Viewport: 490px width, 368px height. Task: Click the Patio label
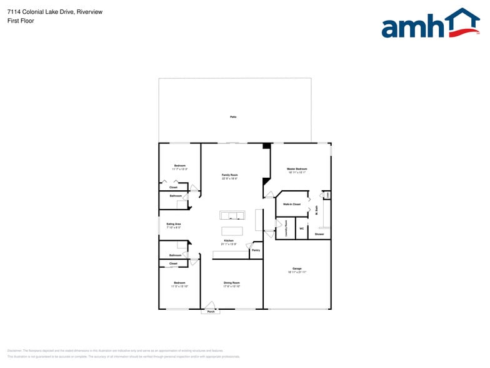[233, 117]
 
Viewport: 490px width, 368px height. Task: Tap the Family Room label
[230, 175]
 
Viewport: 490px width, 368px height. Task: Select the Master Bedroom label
[297, 169]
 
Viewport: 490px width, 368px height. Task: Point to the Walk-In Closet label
[292, 204]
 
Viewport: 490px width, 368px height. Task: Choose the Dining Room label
[232, 283]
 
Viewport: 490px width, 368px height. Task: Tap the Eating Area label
[174, 224]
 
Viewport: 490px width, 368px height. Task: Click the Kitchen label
[229, 241]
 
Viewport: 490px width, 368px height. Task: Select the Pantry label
[256, 250]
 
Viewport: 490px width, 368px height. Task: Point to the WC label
[301, 228]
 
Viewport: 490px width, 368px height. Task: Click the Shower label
[319, 234]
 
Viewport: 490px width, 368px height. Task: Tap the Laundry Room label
[286, 227]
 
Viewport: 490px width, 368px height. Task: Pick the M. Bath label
[317, 212]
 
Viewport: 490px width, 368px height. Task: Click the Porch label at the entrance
[211, 311]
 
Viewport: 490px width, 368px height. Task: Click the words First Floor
[21, 21]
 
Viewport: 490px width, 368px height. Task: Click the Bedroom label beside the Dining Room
[179, 283]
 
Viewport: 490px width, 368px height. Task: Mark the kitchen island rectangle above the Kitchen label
[232, 231]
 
